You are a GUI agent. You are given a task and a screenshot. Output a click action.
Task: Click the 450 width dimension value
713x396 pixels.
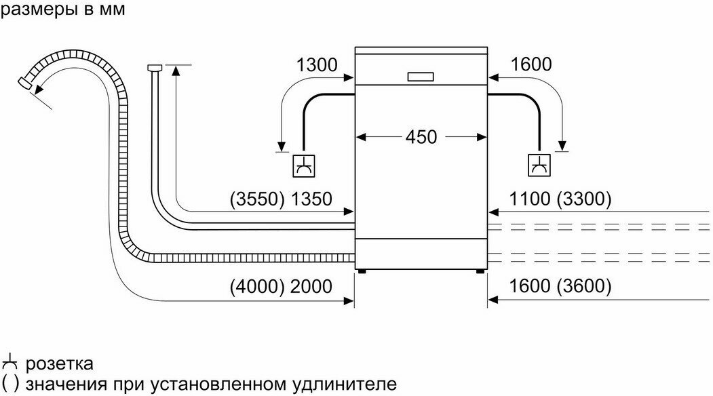tap(421, 136)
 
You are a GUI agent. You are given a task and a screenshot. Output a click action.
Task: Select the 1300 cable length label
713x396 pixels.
tap(317, 64)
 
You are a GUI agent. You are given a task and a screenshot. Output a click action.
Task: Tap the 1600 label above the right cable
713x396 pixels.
tap(531, 64)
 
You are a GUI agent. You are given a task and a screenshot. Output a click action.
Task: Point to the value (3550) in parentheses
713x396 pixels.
tap(255, 199)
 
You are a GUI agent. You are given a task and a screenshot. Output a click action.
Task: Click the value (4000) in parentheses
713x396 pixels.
tap(256, 286)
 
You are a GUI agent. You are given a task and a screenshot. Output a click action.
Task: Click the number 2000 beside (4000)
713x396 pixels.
tap(311, 286)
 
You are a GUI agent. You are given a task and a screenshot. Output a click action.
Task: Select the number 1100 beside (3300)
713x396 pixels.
tap(527, 199)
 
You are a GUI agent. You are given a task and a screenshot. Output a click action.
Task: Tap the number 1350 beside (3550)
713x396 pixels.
tap(311, 199)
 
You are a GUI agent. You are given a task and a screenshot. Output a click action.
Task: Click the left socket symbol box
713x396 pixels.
tap(303, 165)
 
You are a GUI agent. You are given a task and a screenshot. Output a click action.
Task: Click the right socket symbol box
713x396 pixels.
tap(540, 165)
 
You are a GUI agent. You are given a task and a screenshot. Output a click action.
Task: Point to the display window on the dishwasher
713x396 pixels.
tap(421, 76)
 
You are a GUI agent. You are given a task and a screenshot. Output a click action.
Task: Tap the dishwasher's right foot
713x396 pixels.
tap(480, 271)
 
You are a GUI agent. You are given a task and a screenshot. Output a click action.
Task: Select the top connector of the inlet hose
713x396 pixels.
tap(153, 67)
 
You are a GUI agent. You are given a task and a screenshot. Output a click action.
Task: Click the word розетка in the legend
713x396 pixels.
tap(58, 364)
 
